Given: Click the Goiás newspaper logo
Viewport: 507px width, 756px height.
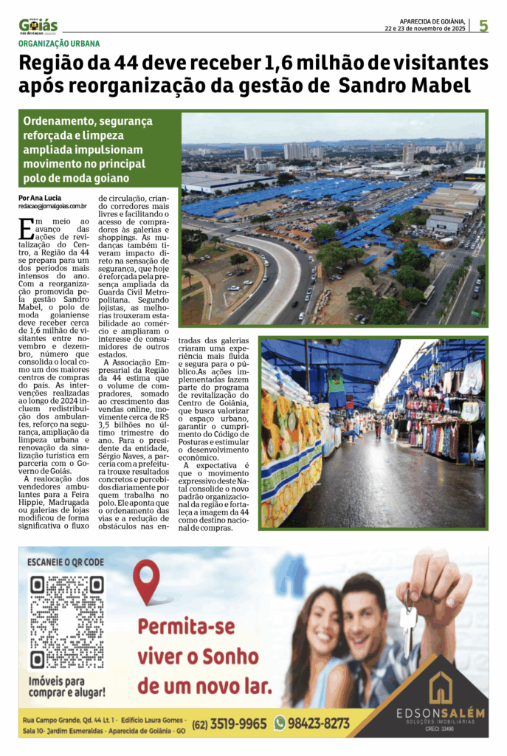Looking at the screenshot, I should click(38, 27).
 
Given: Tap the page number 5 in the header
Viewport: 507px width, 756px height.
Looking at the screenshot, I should click(483, 26).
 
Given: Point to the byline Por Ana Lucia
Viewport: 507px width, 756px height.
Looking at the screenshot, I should click(40, 198).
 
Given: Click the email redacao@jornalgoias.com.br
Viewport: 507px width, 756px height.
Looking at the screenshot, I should click(53, 207).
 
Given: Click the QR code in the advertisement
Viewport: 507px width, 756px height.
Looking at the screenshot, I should click(66, 622).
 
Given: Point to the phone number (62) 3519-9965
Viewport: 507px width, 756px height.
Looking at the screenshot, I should click(228, 724).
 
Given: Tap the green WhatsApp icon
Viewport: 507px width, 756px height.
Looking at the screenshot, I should click(280, 724).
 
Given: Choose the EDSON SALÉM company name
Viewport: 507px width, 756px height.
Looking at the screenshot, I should click(441, 712).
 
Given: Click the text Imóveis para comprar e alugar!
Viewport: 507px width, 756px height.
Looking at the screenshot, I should click(66, 687).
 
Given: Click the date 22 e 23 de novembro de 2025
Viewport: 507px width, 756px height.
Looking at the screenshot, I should click(425, 29).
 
